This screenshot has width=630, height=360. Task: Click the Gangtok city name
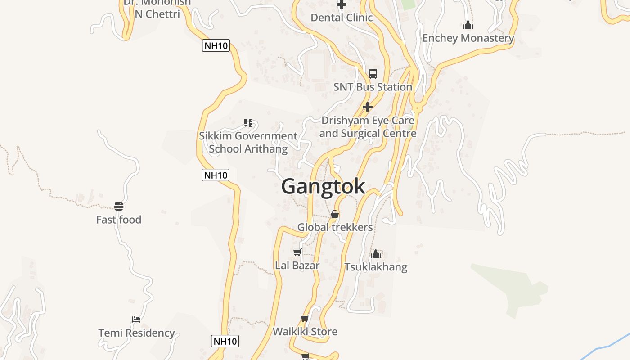[323, 186]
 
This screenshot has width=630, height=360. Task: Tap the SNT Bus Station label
[373, 87]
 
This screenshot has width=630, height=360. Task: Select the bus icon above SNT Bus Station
[373, 74]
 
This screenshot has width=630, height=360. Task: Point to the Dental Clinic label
[342, 18]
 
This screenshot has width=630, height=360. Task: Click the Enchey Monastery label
[468, 38]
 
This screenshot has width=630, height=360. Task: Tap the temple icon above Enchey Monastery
[468, 25]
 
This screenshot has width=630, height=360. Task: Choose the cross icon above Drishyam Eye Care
[368, 107]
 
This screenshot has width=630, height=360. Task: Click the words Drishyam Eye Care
[368, 121]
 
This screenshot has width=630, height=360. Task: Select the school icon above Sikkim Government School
[248, 122]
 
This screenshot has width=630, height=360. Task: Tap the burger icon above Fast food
[119, 207]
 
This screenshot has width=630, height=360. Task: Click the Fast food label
[119, 220]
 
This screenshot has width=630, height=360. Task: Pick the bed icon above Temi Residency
[136, 319]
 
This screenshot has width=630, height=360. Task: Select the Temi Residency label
[136, 333]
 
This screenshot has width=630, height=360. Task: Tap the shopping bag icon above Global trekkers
[335, 214]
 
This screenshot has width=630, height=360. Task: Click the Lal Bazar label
[297, 265]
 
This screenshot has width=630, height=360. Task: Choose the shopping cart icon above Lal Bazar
[297, 252]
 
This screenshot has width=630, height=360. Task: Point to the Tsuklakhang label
[376, 267]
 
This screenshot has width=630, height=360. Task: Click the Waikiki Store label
[305, 332]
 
